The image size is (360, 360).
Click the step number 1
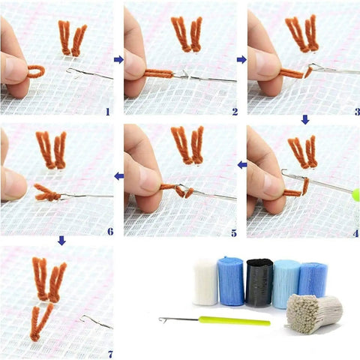(108, 112)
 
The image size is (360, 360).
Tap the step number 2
(235, 112)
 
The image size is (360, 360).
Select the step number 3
(357, 112)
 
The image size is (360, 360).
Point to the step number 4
(355, 233)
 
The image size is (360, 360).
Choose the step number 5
(234, 233)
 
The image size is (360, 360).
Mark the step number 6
(110, 232)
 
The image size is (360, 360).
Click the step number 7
(110, 354)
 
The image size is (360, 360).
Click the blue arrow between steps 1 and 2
(118, 59)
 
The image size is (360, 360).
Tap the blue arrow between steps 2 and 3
(241, 59)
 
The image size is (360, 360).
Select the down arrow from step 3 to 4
(305, 120)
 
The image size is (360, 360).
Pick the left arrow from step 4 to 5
(242, 165)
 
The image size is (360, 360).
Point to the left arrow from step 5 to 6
(119, 176)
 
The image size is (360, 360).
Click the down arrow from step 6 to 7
(61, 241)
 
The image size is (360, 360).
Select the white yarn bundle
(205, 282)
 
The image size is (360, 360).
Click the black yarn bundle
(259, 283)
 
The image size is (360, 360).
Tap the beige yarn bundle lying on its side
(313, 313)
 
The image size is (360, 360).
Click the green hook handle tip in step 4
(355, 195)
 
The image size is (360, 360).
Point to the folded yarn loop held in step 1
(36, 71)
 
